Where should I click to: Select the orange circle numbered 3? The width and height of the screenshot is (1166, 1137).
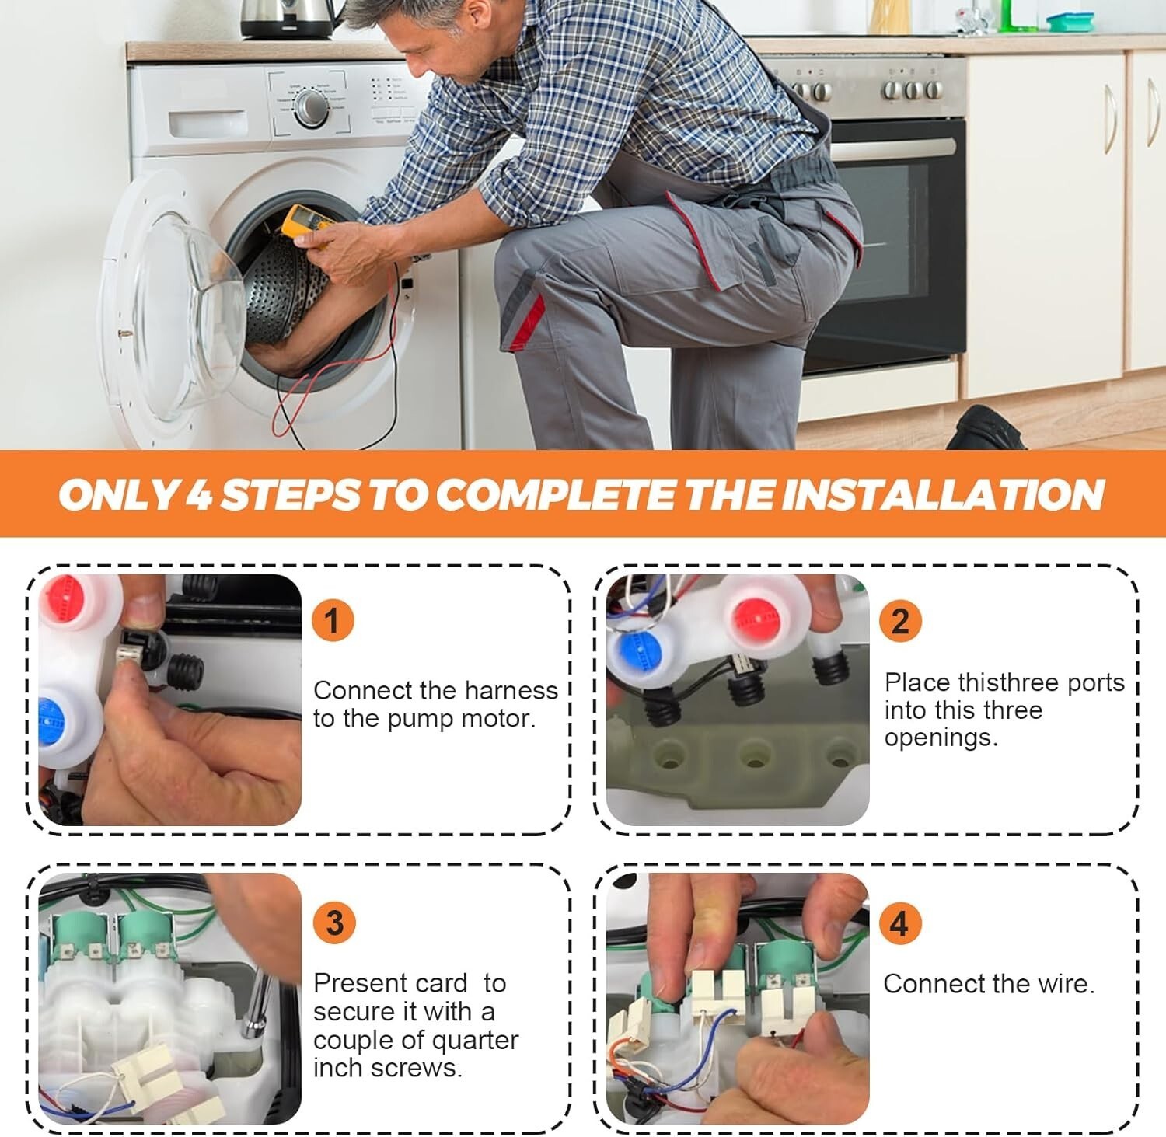click(334, 923)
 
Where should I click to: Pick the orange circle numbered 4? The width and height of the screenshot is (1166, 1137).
click(899, 923)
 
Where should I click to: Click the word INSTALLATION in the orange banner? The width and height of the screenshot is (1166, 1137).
click(943, 494)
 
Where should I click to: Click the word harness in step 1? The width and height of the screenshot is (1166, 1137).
click(508, 690)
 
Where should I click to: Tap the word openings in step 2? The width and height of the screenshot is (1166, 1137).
click(941, 738)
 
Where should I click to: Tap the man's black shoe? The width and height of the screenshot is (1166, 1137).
click(983, 428)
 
